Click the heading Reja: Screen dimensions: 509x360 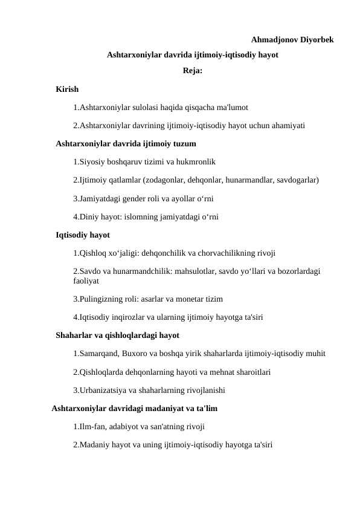[192, 71]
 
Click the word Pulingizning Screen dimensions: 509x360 [103, 299]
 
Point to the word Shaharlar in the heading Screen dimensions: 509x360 [75, 335]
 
